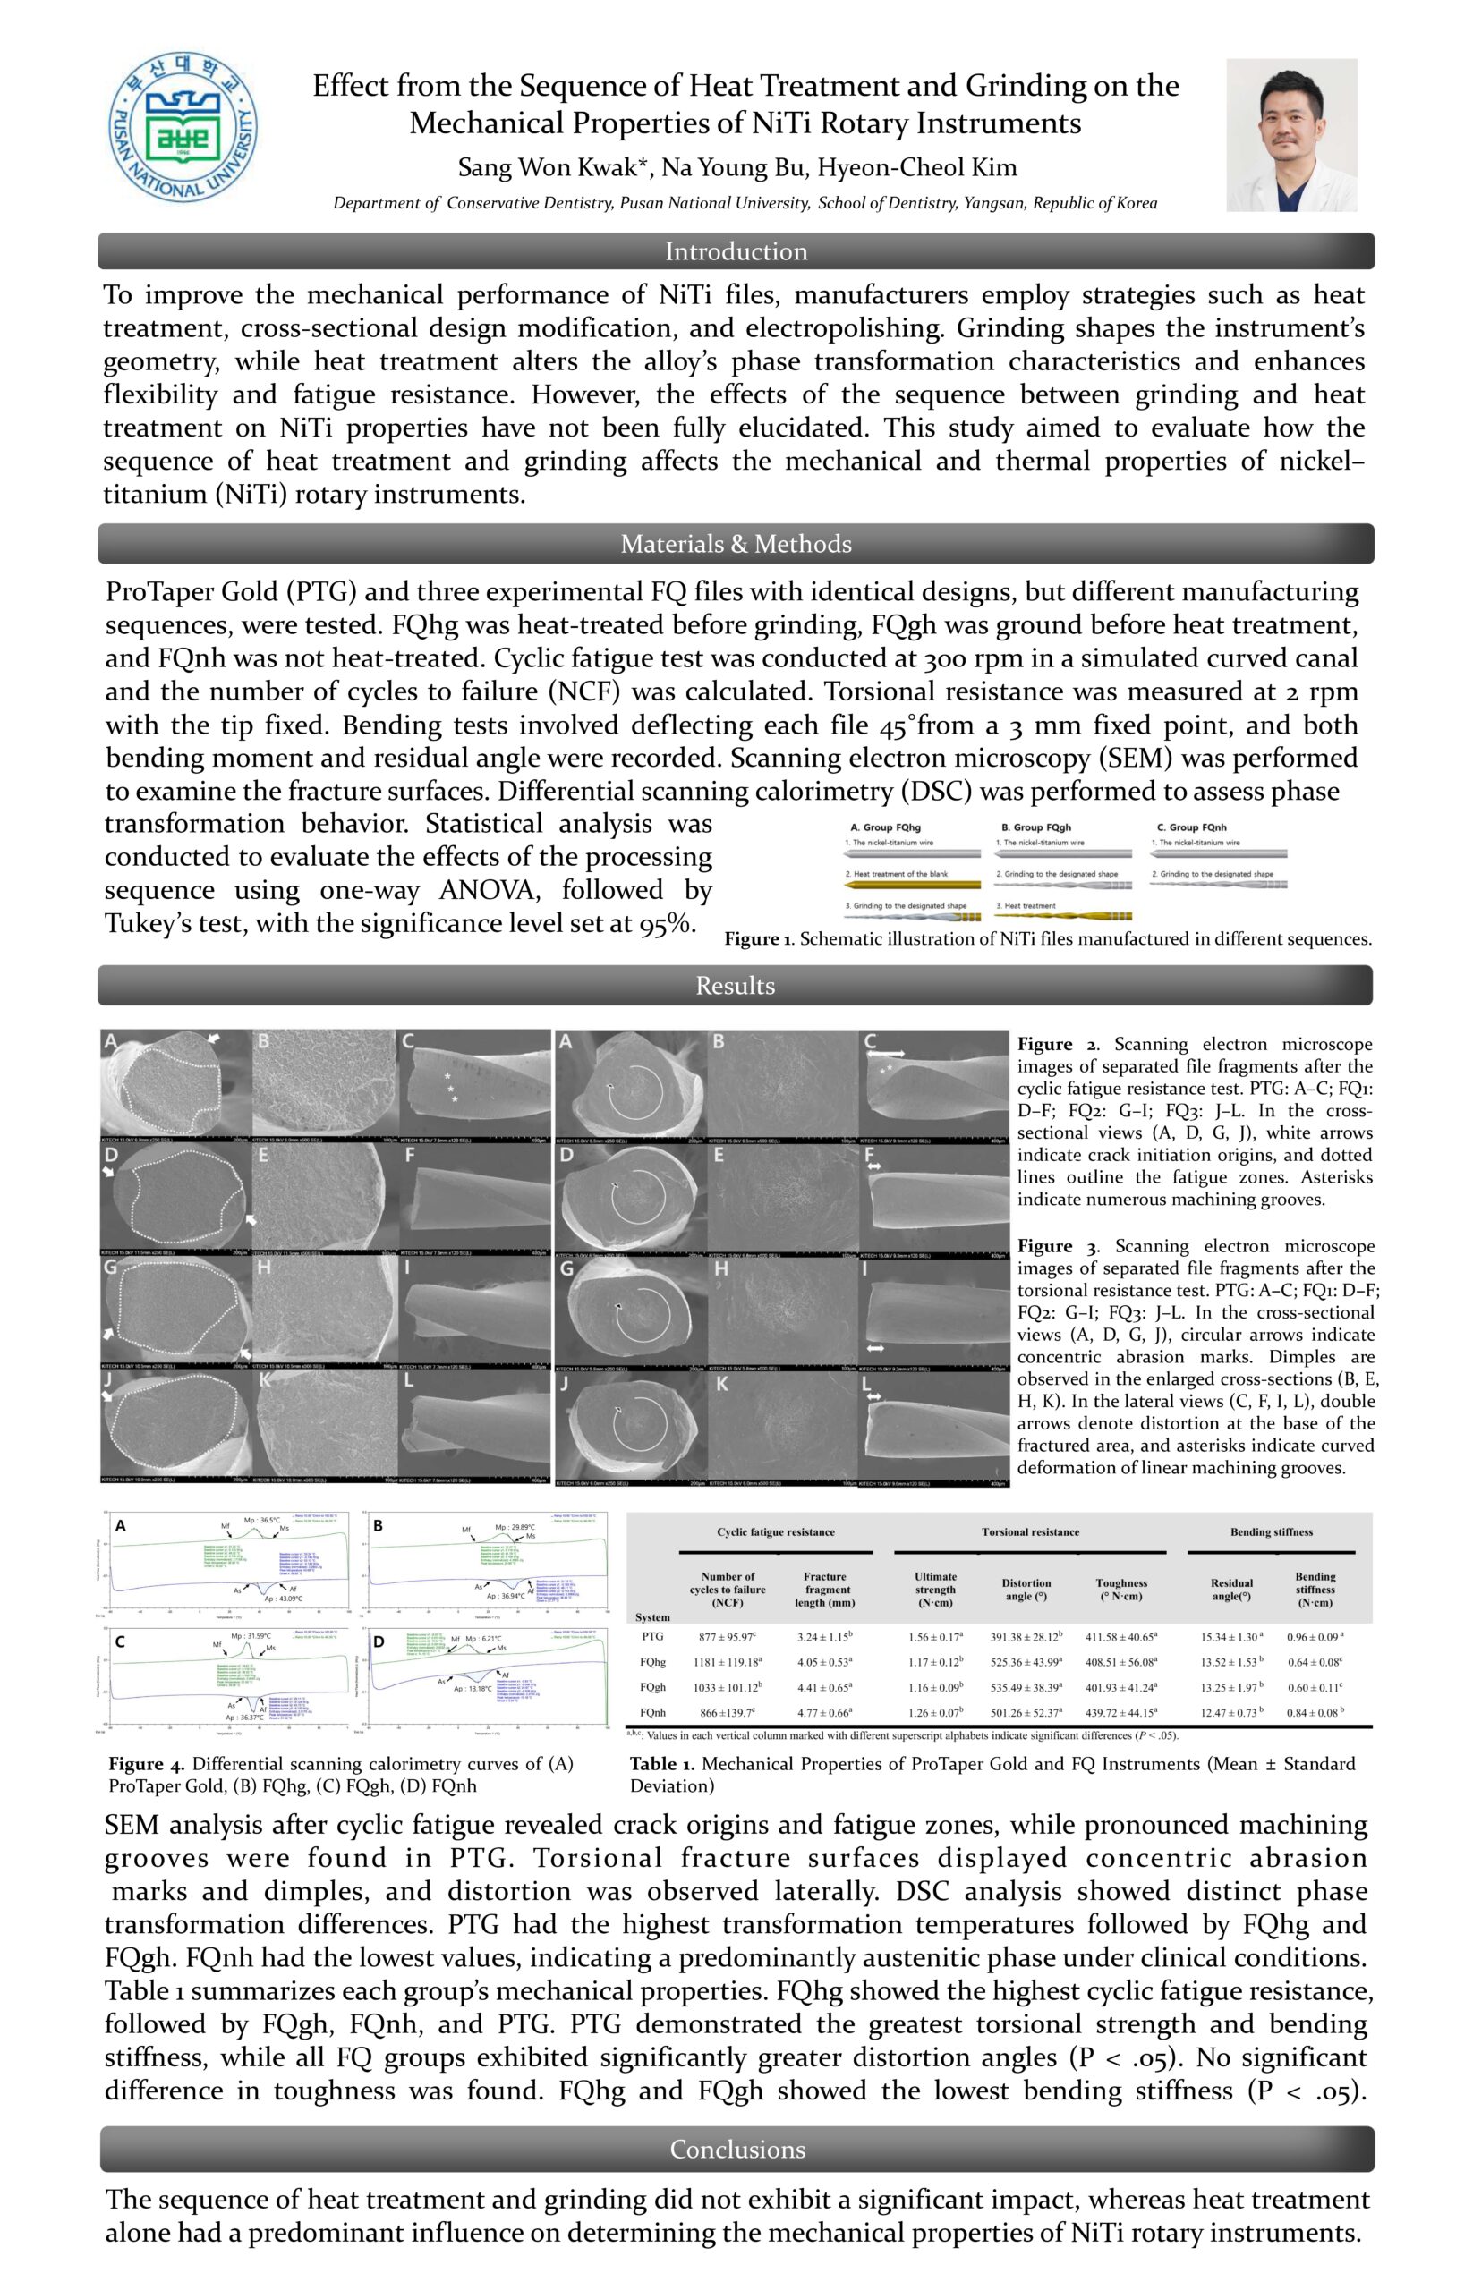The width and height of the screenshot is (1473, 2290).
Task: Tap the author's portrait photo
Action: (x=1291, y=135)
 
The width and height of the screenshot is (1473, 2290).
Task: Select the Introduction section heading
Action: (x=736, y=251)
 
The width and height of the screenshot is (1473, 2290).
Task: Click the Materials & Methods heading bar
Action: (x=736, y=544)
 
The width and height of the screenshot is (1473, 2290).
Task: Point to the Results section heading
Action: (x=735, y=986)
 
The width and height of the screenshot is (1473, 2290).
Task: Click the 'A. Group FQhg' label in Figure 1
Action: (x=885, y=827)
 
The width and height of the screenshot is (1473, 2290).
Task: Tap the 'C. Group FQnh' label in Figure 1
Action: (x=1191, y=827)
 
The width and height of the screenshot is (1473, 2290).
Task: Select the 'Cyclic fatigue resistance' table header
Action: (x=776, y=1531)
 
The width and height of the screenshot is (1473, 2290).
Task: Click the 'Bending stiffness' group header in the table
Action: (x=1271, y=1531)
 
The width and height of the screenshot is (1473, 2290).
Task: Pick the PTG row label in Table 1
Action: (x=652, y=1637)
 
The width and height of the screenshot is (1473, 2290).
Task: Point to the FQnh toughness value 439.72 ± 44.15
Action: (x=1121, y=1712)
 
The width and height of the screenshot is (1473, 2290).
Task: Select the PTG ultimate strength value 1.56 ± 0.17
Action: (x=934, y=1637)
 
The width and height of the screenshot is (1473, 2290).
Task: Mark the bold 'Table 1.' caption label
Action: (x=662, y=1764)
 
